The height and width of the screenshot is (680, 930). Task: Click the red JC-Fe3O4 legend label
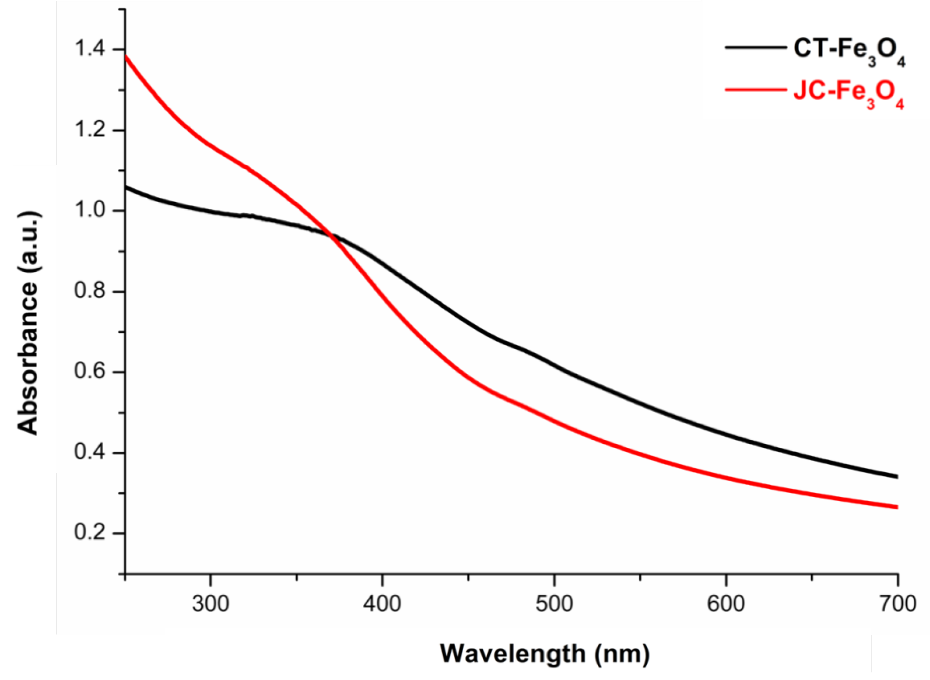click(848, 96)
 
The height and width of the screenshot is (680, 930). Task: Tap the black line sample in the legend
click(755, 48)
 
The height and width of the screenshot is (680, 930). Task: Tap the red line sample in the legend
click(755, 89)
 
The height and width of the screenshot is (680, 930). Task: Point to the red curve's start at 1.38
click(126, 56)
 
